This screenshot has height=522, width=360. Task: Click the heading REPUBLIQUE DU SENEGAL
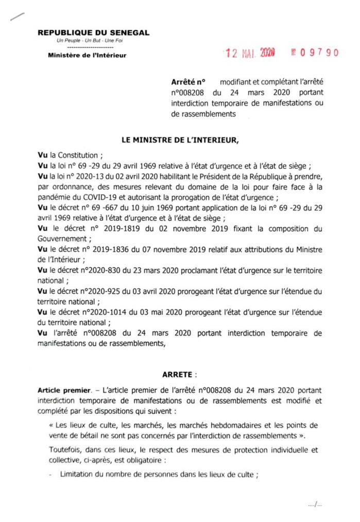93,32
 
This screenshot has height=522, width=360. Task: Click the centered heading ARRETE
177,374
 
